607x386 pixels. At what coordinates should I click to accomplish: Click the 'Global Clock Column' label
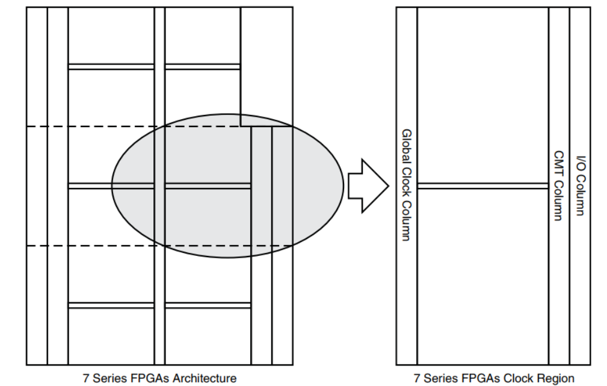[x=406, y=185]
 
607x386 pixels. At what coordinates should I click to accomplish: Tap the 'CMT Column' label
[x=558, y=185]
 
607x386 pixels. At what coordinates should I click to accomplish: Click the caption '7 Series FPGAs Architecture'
[x=159, y=378]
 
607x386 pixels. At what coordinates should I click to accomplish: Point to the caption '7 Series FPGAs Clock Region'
[x=494, y=378]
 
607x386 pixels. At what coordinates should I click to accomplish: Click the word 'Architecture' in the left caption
[x=205, y=378]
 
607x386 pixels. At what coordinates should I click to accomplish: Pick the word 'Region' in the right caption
[x=556, y=378]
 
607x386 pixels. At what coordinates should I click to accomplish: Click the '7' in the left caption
[x=86, y=378]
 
